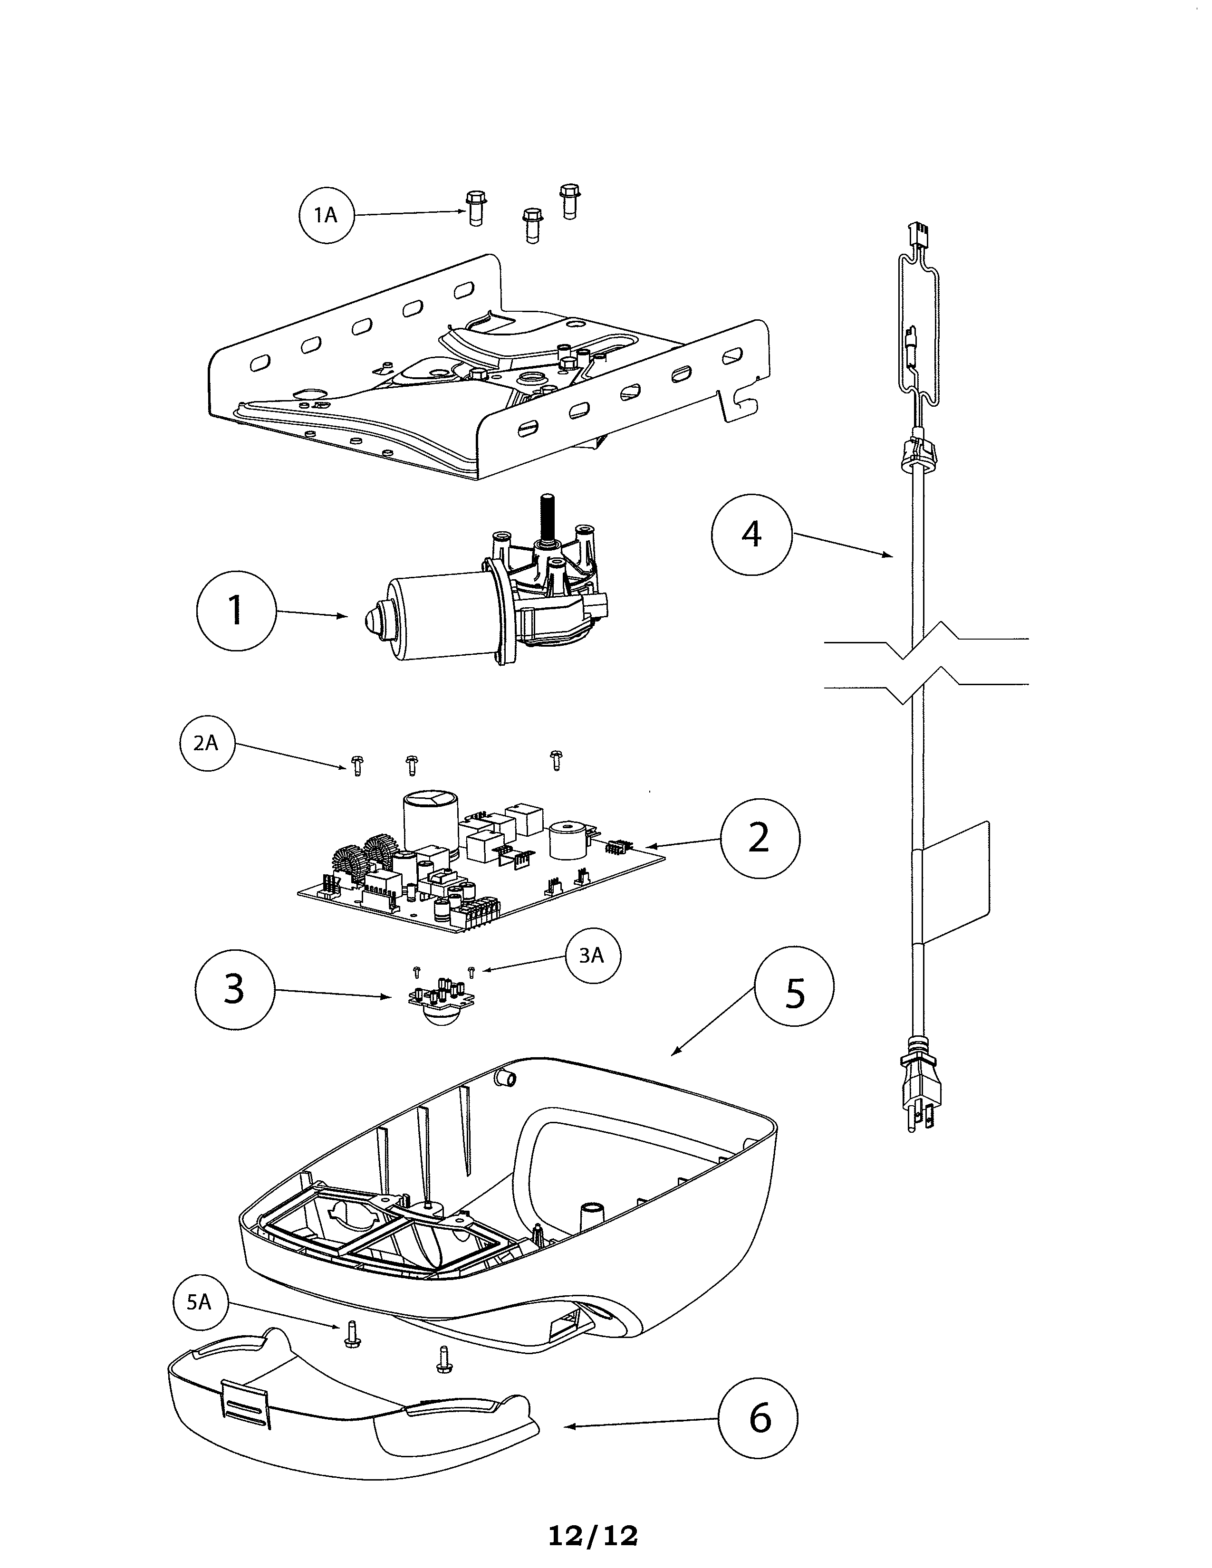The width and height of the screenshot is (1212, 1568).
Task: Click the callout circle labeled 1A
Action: (327, 215)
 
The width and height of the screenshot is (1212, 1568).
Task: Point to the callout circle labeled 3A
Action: (592, 956)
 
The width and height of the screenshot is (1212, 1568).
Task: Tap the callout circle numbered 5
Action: (794, 992)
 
